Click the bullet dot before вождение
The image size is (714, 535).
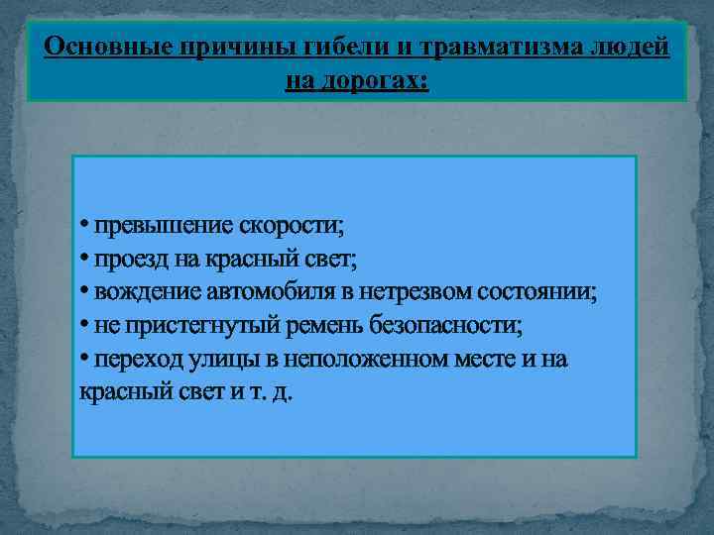84,291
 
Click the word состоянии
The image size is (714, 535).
540,292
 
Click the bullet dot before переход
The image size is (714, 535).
84,357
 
